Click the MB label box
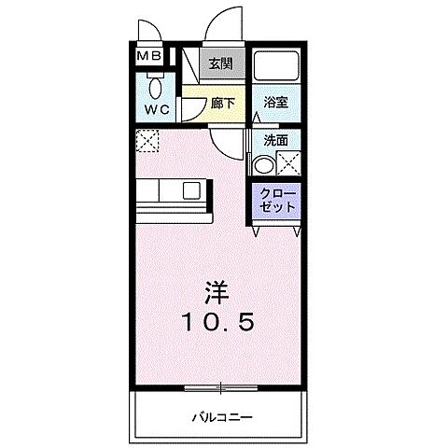149,56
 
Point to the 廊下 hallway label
222,101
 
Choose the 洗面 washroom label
274,141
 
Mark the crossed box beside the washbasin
286,164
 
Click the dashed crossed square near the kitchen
148,140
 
